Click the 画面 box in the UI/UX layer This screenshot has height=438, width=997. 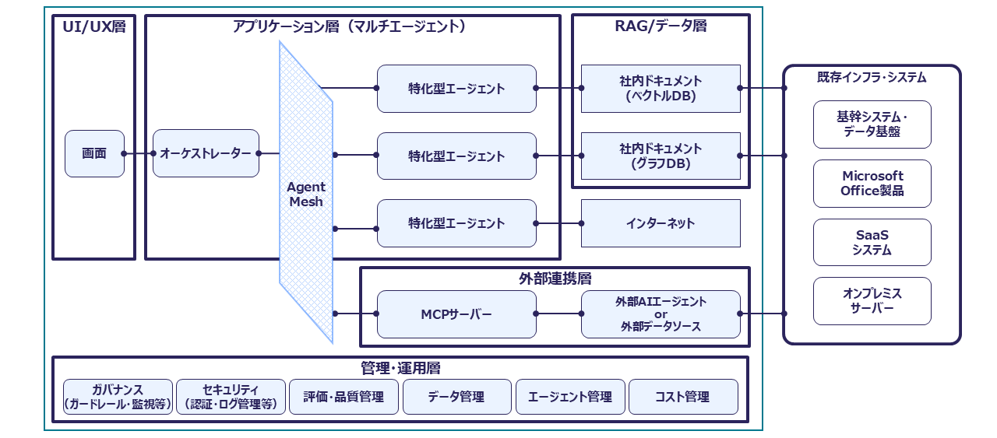[94, 153]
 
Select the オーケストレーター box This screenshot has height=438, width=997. [206, 153]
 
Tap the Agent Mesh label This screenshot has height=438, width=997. [306, 194]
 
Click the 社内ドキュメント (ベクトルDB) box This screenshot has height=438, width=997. [661, 89]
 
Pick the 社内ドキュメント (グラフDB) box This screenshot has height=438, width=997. [661, 156]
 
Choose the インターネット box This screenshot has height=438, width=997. [661, 223]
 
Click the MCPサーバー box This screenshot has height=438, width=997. [456, 314]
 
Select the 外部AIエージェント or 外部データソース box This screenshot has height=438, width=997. [661, 314]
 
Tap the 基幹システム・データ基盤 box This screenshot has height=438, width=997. [872, 124]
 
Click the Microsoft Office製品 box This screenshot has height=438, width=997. [872, 184]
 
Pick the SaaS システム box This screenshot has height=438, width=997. [872, 243]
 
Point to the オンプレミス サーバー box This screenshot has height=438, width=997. [872, 301]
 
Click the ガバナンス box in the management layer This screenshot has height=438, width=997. [118, 397]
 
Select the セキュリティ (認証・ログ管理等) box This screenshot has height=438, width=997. [231, 397]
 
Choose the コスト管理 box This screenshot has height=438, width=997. [683, 397]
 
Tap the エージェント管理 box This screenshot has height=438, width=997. [570, 397]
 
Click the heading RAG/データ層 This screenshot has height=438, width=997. [661, 26]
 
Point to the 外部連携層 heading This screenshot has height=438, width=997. [555, 279]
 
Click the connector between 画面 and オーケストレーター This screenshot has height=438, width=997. [139, 153]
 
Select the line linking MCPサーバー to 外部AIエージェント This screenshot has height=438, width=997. [558, 314]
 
